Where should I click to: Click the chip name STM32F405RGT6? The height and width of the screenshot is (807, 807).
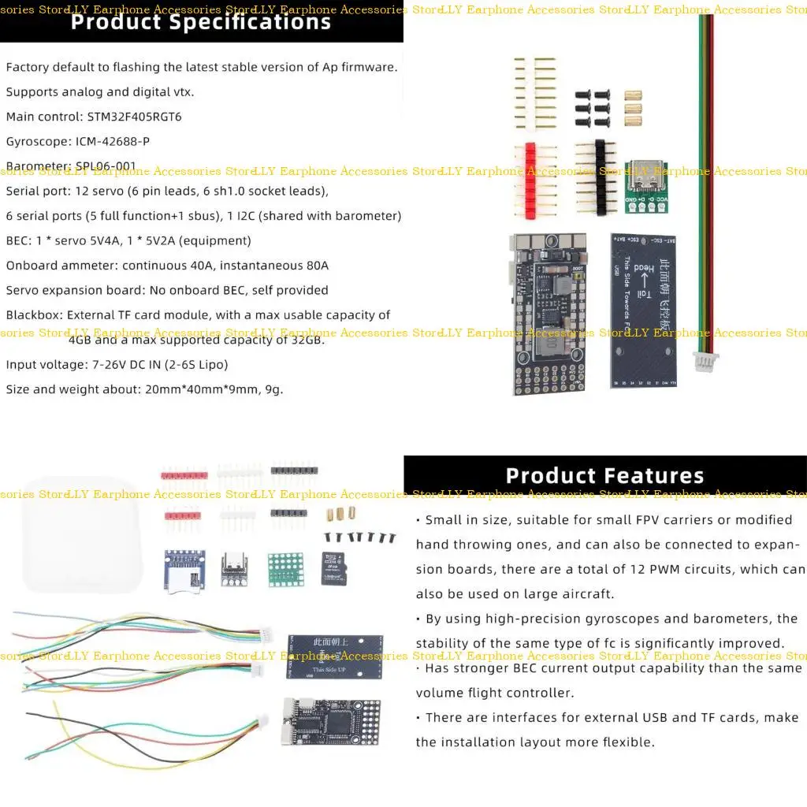tap(135, 117)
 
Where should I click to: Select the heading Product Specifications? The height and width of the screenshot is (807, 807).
tap(201, 21)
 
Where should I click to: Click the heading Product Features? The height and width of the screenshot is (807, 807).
tap(604, 476)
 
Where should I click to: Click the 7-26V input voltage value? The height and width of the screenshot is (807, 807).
tap(108, 365)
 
